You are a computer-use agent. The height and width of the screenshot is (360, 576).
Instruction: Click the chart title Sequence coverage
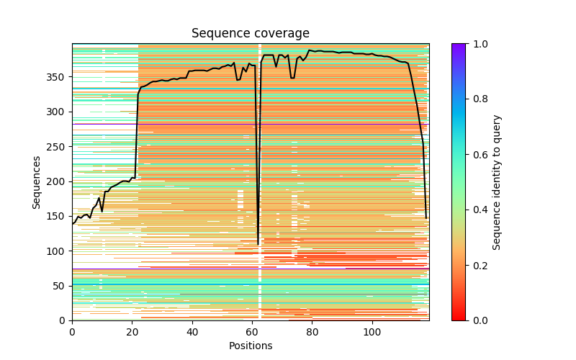(x=251, y=34)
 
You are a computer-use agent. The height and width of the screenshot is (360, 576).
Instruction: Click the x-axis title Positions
(x=251, y=346)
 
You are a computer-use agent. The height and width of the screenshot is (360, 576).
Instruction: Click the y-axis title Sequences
(x=37, y=181)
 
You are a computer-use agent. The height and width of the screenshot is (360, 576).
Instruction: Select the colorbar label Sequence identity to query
(x=497, y=181)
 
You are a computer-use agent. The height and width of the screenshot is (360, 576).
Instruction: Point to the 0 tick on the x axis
(x=72, y=332)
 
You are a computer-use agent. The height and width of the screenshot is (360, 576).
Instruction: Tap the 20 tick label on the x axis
(x=132, y=332)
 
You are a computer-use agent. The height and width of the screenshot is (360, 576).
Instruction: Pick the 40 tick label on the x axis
(x=192, y=332)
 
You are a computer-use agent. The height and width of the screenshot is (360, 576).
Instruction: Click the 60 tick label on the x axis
(x=252, y=332)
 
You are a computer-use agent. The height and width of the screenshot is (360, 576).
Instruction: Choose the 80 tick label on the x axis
(x=312, y=332)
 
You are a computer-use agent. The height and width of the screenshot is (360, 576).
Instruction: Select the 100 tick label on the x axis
(x=372, y=332)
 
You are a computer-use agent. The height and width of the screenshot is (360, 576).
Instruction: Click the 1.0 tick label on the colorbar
(x=478, y=44)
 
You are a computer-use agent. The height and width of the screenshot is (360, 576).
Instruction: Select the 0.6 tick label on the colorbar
(x=478, y=155)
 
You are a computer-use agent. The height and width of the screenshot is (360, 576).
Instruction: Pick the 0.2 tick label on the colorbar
(x=478, y=265)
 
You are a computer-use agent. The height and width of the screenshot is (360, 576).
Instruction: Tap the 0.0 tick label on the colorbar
(x=478, y=320)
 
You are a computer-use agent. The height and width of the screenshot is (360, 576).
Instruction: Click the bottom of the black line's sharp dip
(x=258, y=245)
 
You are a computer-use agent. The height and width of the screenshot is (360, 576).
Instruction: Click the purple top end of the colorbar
(x=459, y=45)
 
